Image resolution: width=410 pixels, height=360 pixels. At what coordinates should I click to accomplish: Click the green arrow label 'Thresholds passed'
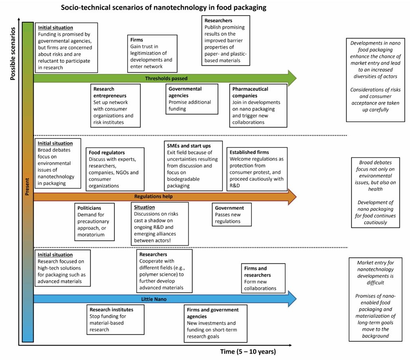(x=166, y=78)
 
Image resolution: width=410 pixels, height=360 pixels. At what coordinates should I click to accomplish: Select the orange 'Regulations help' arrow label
(x=154, y=197)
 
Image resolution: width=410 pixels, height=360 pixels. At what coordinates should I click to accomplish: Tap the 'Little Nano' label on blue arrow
(x=154, y=299)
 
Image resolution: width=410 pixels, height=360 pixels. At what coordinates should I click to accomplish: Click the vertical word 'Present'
(x=27, y=187)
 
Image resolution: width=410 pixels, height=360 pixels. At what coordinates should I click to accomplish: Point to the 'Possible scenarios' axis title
(x=13, y=54)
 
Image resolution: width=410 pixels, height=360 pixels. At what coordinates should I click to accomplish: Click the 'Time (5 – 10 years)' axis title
(x=248, y=352)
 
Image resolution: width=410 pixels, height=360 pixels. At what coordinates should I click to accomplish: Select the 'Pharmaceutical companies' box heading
(x=250, y=92)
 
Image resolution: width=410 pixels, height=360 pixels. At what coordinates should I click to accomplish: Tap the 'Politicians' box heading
(x=89, y=208)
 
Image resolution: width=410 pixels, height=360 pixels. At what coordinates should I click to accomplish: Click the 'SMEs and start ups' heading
(x=189, y=146)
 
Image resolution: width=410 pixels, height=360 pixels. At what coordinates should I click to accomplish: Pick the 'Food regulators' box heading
(x=107, y=153)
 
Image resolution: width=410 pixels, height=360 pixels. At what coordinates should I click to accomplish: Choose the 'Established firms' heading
(x=249, y=152)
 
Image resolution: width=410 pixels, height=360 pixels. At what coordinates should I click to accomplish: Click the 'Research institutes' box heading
(x=111, y=309)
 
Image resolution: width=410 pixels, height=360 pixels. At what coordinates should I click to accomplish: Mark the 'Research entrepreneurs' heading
(x=110, y=92)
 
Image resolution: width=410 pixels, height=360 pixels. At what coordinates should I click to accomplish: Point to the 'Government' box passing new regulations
(x=232, y=214)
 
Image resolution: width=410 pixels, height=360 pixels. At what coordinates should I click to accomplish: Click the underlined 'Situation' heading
(x=144, y=207)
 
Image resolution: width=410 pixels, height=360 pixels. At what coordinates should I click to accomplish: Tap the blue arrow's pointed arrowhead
(x=296, y=299)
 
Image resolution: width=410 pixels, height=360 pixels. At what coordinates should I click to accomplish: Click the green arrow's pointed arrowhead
(x=296, y=78)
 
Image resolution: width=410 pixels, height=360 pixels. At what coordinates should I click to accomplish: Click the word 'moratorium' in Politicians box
(x=91, y=235)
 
